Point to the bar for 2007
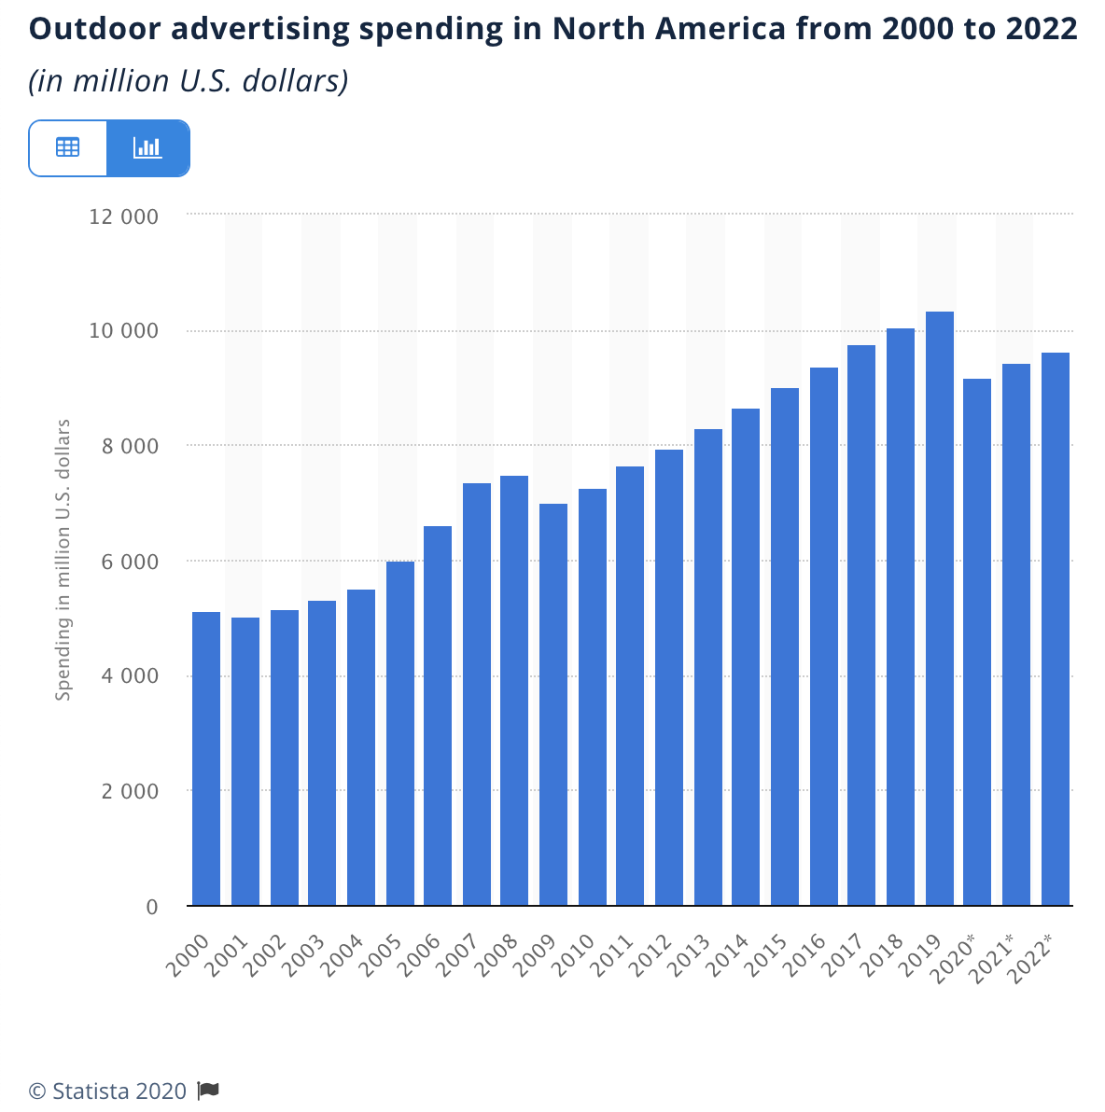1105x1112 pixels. (x=477, y=694)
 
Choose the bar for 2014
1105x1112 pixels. (x=746, y=657)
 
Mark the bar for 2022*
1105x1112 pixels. (x=1056, y=629)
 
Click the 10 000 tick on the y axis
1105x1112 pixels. (x=124, y=331)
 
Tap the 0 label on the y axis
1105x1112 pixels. (x=152, y=907)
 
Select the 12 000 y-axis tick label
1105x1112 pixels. (x=124, y=216)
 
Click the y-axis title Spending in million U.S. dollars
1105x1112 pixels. (x=63, y=560)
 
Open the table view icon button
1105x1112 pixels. (x=68, y=147)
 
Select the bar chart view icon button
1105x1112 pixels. (x=147, y=147)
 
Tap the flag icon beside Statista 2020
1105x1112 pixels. (x=208, y=1090)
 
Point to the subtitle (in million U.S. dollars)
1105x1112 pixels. (x=188, y=81)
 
